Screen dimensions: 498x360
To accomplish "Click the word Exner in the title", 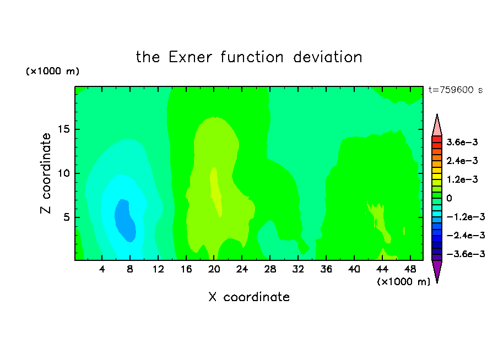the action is tap(190, 57).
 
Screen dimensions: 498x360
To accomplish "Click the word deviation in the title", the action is tap(328, 57).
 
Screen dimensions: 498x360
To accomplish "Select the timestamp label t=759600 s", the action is tap(456, 90).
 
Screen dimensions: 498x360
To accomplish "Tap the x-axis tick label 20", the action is tap(214, 269).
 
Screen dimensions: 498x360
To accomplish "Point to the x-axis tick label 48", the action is tap(410, 269).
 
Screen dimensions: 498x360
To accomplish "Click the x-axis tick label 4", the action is tap(101, 269).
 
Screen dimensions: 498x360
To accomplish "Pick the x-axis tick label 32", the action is tap(298, 269).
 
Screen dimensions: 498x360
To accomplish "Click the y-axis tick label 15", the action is tap(63, 129).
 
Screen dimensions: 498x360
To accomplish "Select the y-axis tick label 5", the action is tap(66, 217).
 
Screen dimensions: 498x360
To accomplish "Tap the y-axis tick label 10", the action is tap(63, 173).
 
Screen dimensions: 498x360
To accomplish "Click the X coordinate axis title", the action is tap(249, 297).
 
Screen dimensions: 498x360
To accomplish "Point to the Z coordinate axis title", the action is tap(45, 173).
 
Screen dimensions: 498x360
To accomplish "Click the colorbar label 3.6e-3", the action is tap(462, 142).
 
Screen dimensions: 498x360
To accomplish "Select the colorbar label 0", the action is tap(449, 198).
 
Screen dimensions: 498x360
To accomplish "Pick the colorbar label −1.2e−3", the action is tap(465, 217).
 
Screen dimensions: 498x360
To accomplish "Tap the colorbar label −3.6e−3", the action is tap(465, 254).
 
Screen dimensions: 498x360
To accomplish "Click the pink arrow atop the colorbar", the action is tap(437, 125).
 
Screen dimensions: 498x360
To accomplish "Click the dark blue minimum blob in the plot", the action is tap(125, 220).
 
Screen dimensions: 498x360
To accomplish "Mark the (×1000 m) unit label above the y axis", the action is tap(52, 71).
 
